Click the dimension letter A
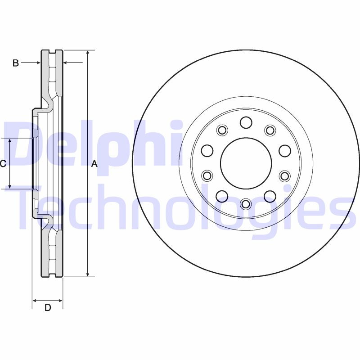coord(94,164)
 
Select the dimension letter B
coord(15,63)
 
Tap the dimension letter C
coord(3,163)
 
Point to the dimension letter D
coord(47,308)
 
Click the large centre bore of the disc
coord(246,163)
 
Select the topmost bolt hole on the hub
coord(246,122)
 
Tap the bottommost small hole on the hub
coord(246,204)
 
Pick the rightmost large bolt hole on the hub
coord(284,150)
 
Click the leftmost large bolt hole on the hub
coord(207,150)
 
